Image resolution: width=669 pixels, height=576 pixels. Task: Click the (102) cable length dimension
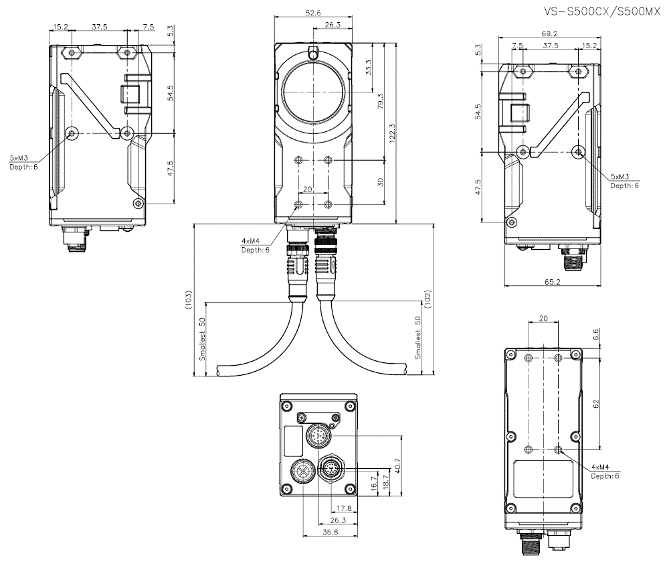429,300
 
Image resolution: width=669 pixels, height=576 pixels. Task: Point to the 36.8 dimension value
330,532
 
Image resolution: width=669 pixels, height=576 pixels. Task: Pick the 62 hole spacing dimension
596,403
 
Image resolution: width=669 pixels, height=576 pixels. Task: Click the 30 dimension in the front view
381,182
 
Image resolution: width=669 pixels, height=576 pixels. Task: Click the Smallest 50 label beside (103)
201,338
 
